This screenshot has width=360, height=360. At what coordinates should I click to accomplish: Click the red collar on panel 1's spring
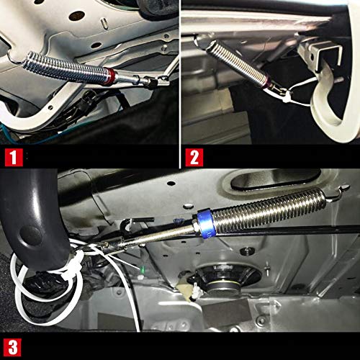(x=110, y=74)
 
